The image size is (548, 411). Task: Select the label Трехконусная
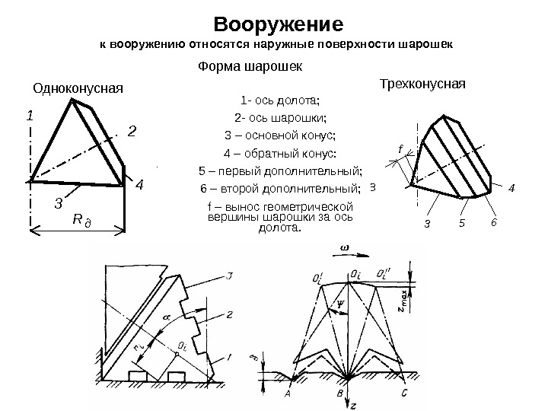tap(422, 81)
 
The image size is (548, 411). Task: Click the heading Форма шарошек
tap(250, 66)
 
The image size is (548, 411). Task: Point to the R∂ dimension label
tap(80, 219)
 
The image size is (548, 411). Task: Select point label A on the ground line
tap(289, 394)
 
